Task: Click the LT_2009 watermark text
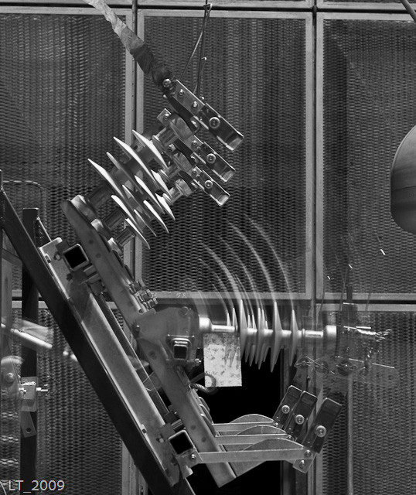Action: (x=36, y=485)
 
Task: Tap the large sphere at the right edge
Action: (x=404, y=180)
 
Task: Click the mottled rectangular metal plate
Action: (x=223, y=360)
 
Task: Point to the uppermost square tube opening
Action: (x=75, y=258)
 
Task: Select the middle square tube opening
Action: (x=180, y=350)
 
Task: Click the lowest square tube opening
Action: (x=180, y=443)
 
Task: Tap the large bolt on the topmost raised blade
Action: (x=214, y=122)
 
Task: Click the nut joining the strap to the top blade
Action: (x=167, y=84)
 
